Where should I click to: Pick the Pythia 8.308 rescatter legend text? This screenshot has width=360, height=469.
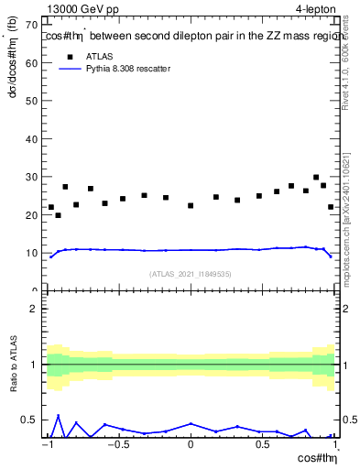click(x=127, y=69)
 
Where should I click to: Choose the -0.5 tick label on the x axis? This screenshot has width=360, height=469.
click(x=118, y=444)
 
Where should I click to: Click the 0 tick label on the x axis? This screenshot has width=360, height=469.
click(x=191, y=444)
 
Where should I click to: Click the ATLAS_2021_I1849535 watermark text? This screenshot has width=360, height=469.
click(x=191, y=274)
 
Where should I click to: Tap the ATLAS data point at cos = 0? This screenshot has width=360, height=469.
click(x=191, y=205)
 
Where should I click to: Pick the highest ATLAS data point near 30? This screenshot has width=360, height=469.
click(x=316, y=178)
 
